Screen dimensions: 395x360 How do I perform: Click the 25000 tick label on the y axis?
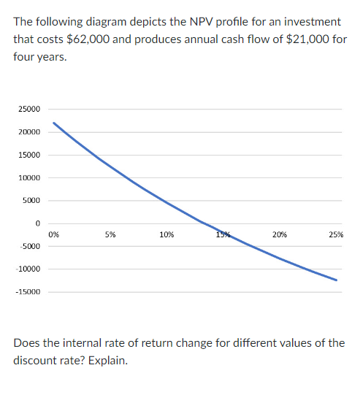point(29,110)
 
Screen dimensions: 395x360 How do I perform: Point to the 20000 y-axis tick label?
point(29,132)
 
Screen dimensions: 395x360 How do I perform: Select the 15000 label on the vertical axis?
point(29,155)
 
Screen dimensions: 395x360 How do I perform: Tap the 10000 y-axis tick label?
point(29,178)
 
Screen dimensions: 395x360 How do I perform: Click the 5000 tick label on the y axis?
point(31,201)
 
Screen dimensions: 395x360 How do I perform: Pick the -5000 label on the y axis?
point(30,246)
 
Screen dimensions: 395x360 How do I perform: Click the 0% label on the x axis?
point(53,234)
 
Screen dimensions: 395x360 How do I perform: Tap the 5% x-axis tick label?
point(110,234)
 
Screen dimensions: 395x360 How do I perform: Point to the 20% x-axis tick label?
point(279,234)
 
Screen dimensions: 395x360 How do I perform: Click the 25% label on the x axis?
point(336,234)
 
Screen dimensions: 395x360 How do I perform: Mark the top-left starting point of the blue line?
point(53,123)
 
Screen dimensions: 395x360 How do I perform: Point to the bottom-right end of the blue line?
point(337,280)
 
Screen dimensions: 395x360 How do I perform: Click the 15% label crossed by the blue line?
point(223,234)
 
